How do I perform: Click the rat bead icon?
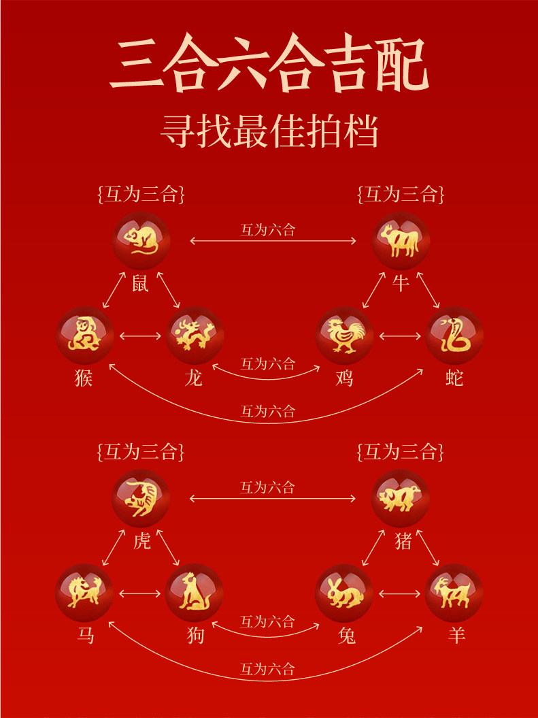click(x=141, y=241)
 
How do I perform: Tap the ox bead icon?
click(x=401, y=241)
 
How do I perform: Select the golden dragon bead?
click(x=195, y=335)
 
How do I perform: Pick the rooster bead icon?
click(x=345, y=335)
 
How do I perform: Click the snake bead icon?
click(x=454, y=335)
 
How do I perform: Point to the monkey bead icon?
click(x=84, y=335)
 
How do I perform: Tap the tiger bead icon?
click(x=141, y=498)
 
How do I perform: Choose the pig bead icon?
click(x=401, y=498)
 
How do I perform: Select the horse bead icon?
click(x=84, y=592)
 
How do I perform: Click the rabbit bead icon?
click(x=345, y=592)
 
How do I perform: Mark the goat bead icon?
click(x=454, y=592)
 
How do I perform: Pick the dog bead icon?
click(x=195, y=592)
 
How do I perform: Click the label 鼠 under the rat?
click(x=140, y=282)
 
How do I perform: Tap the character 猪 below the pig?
click(x=402, y=541)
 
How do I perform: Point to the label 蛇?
click(x=454, y=377)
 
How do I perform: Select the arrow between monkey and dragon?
click(x=139, y=336)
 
